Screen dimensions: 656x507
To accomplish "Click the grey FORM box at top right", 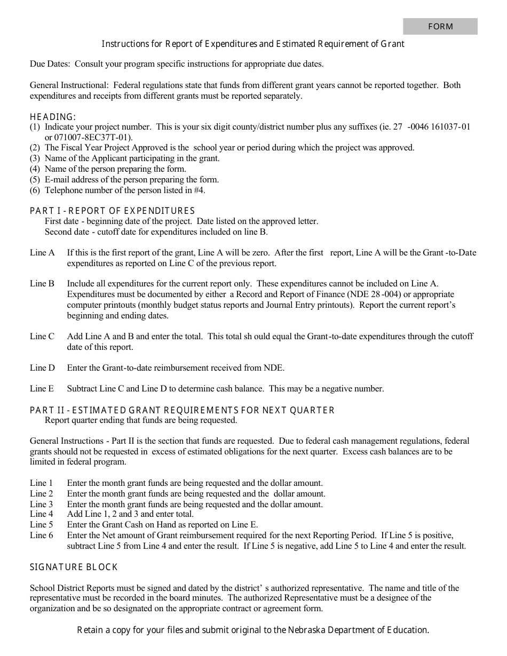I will point(440,27).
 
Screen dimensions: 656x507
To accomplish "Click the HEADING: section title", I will point(53,117).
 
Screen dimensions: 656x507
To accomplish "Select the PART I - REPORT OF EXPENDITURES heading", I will point(112,211).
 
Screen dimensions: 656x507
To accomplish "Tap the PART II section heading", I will point(182,410).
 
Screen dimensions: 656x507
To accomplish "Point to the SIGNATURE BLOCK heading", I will point(74,567).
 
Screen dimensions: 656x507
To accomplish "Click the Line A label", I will point(42,253).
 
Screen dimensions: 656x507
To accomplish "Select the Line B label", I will point(42,284).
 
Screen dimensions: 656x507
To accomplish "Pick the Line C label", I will point(42,337).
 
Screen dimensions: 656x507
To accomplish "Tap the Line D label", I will point(42,368).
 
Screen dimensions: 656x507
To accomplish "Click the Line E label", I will point(42,389).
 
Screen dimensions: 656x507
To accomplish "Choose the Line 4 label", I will point(42,514).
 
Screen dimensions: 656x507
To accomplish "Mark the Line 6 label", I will point(42,535).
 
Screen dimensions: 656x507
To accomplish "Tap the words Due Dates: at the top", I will point(50,64).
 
